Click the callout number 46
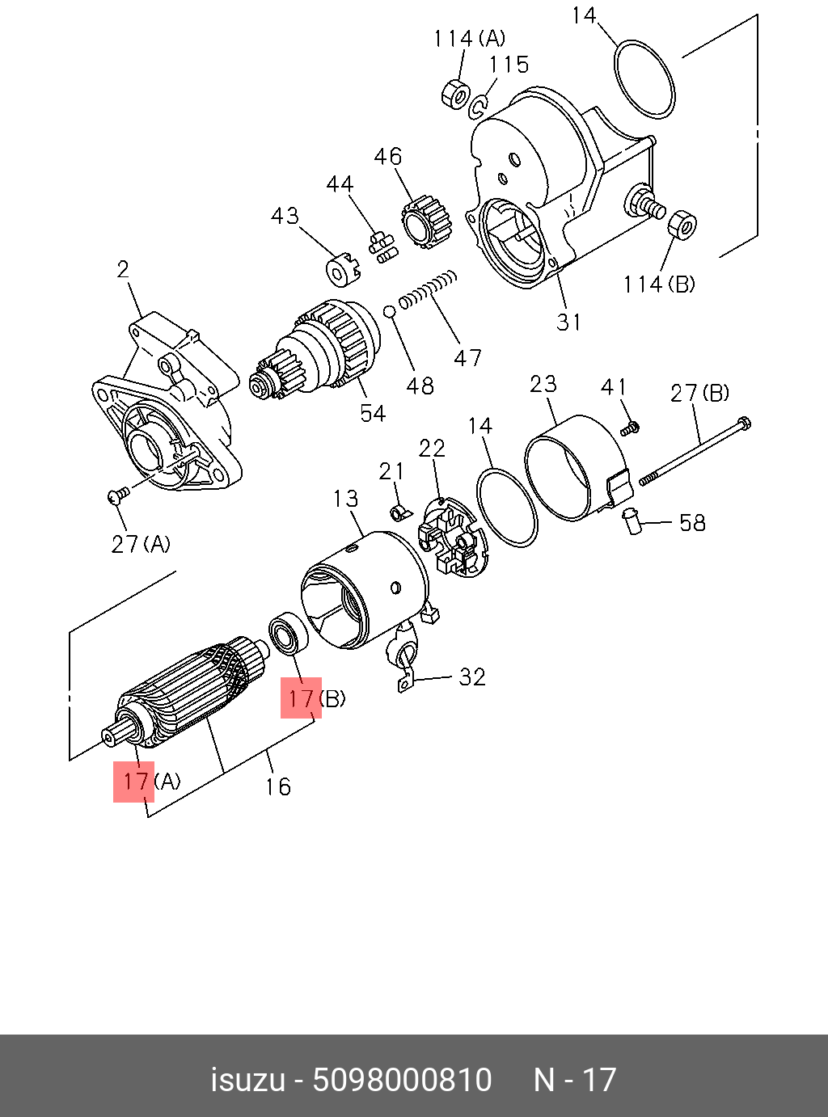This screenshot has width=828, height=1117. click(388, 156)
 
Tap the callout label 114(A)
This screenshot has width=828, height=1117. click(469, 39)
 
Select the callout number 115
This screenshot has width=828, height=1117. click(509, 65)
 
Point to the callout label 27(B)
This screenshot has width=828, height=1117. click(699, 394)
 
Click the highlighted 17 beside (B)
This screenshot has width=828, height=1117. click(301, 698)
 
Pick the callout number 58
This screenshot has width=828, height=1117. click(692, 523)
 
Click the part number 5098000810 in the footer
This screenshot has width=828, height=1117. click(402, 1080)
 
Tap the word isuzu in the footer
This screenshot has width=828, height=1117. click(248, 1080)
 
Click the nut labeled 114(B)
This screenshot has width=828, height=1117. click(683, 224)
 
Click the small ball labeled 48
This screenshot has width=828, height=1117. click(389, 311)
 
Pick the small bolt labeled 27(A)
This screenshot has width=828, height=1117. click(117, 495)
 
